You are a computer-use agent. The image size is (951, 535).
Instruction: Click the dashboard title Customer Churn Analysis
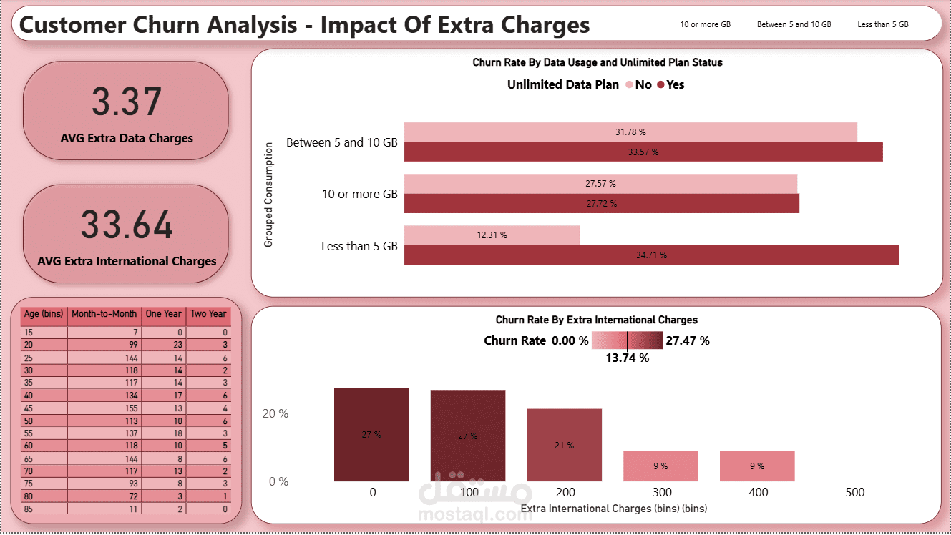click(304, 25)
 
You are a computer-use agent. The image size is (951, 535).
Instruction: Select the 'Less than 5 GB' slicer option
click(882, 24)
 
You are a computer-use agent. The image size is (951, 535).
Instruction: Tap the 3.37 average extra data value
click(127, 102)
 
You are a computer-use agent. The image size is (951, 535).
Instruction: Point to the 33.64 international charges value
click(127, 225)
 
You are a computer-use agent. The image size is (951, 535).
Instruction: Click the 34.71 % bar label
click(651, 255)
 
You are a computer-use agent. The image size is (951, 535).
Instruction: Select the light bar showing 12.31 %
click(492, 235)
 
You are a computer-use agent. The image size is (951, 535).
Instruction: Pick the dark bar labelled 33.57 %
click(643, 152)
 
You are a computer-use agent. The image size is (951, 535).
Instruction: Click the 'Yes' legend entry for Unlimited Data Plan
click(670, 85)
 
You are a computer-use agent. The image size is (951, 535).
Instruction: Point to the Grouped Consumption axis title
click(269, 195)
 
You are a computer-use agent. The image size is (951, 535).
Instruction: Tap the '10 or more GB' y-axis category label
click(359, 195)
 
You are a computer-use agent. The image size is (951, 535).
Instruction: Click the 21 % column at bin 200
click(564, 445)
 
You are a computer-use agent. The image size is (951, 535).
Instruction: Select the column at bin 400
click(757, 466)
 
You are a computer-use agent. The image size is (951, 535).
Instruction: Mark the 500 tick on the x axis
click(854, 492)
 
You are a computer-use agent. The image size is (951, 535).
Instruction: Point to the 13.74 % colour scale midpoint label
click(627, 358)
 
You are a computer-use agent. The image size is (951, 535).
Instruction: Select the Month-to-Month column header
click(104, 314)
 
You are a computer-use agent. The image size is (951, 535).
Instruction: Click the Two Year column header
click(208, 314)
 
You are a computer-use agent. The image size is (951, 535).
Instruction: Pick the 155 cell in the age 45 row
click(104, 408)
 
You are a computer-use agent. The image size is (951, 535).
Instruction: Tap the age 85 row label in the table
click(29, 509)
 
